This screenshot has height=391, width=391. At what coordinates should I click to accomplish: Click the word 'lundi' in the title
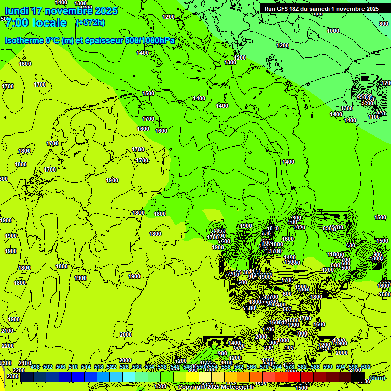tap(16, 11)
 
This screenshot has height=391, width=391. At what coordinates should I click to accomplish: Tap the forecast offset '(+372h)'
tap(90, 22)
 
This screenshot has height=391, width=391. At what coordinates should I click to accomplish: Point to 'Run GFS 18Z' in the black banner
tap(282, 9)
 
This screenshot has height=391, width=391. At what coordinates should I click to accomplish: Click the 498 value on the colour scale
tap(35, 367)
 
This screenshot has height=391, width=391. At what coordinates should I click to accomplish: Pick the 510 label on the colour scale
tap(73, 367)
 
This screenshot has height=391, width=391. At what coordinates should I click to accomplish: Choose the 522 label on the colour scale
tap(111, 367)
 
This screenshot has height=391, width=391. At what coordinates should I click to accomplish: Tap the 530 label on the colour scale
tap(137, 367)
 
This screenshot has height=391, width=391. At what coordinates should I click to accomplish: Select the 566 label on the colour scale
tap(252, 367)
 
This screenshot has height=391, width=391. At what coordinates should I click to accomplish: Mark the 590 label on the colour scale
tap(328, 367)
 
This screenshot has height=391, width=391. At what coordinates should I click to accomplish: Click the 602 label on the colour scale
tap(366, 367)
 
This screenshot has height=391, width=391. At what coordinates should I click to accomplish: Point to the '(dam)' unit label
tap(377, 378)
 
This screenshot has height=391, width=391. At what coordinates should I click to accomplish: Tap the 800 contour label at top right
tap(384, 24)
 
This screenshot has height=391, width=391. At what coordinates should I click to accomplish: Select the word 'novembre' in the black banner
tap(350, 9)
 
